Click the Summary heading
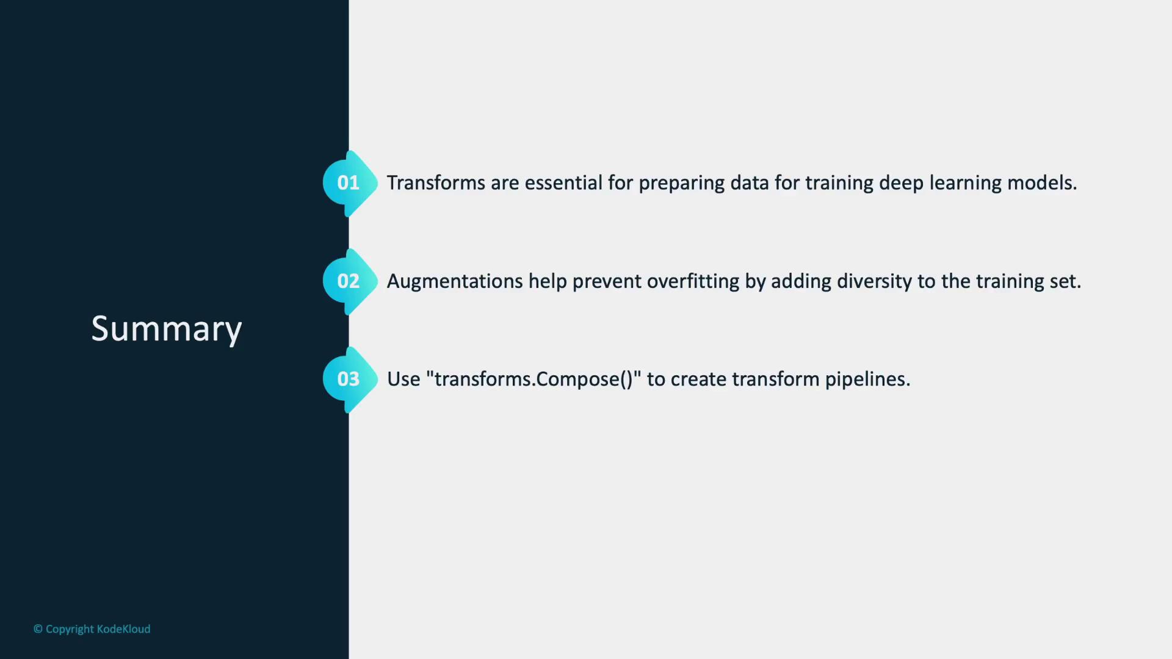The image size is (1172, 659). pyautogui.click(x=167, y=329)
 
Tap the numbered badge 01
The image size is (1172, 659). pyautogui.click(x=350, y=183)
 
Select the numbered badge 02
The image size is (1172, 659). pyautogui.click(x=350, y=281)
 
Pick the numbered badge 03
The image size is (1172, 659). pyautogui.click(x=350, y=380)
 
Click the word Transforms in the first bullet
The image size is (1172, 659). pyautogui.click(x=436, y=182)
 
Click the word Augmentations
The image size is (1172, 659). pyautogui.click(x=455, y=281)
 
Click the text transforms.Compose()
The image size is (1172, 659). pyautogui.click(x=534, y=379)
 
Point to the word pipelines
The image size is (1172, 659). pyautogui.click(x=867, y=380)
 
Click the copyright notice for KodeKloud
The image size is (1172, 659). pyautogui.click(x=92, y=629)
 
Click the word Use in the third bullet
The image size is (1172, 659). pyautogui.click(x=403, y=379)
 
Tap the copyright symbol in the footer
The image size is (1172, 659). pyautogui.click(x=38, y=629)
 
